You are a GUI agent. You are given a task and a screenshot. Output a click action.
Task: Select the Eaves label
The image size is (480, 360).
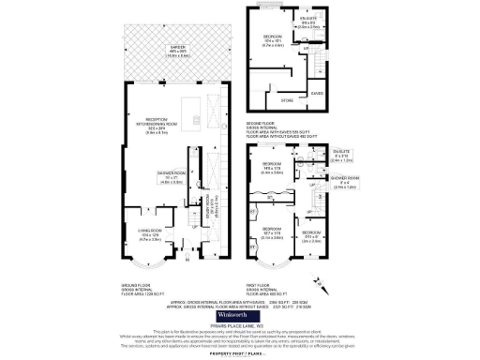coord(317,93)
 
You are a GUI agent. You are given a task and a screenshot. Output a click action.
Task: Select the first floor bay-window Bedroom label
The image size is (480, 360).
coord(272,232)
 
